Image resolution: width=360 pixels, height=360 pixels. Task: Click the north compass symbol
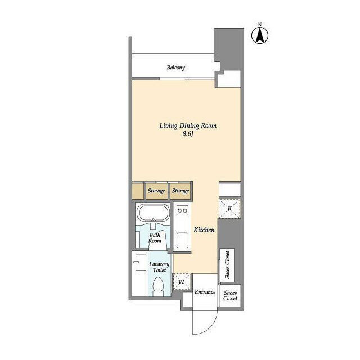(x=260, y=34)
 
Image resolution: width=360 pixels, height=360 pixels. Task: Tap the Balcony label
(x=176, y=67)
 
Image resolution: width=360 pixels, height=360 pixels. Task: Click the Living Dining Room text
(x=188, y=125)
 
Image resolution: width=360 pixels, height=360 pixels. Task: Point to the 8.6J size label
(x=188, y=134)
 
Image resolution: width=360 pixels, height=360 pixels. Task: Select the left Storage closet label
(x=156, y=191)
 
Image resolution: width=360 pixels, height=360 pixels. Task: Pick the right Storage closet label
(x=181, y=191)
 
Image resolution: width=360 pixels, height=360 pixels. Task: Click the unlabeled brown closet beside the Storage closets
(x=138, y=191)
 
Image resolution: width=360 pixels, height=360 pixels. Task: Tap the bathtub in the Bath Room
(x=153, y=213)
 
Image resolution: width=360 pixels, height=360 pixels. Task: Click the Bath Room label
(x=155, y=238)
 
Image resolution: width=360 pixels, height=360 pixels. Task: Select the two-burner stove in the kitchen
(x=182, y=210)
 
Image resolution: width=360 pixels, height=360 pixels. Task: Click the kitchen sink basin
(x=182, y=240)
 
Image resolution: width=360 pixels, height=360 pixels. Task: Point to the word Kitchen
(x=204, y=229)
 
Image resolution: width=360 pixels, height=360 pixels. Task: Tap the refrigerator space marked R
(x=229, y=209)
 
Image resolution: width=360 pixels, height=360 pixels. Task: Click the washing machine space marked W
(x=181, y=282)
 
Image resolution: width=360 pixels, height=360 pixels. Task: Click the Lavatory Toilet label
(x=159, y=267)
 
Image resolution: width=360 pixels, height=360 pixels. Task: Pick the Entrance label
(x=205, y=292)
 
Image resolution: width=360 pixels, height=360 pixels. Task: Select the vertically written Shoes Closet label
(x=227, y=265)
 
